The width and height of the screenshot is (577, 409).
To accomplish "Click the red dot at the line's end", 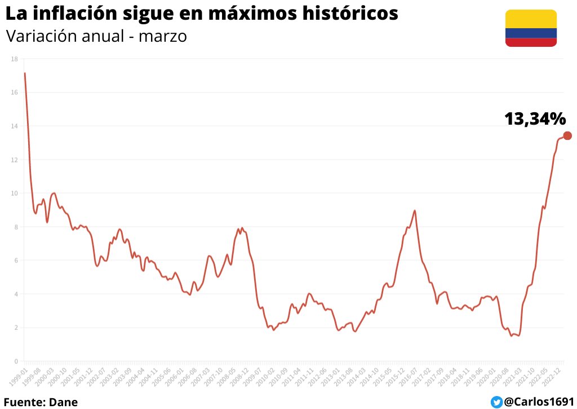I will coord(567,135).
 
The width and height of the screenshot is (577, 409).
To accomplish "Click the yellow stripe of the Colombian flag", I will coord(531,19).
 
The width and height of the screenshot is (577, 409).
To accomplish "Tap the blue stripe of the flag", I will coord(531,33).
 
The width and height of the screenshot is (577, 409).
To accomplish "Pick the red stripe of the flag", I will coord(531,42).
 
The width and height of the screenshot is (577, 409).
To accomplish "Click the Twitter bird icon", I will coord(496,402).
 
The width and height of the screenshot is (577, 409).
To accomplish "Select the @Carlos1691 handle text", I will coord(537,402).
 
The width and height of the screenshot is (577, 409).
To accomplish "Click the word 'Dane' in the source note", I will coord(63,402).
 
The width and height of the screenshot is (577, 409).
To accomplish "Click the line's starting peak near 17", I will coord(25,73).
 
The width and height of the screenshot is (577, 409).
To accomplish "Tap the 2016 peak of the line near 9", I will coord(415,210).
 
